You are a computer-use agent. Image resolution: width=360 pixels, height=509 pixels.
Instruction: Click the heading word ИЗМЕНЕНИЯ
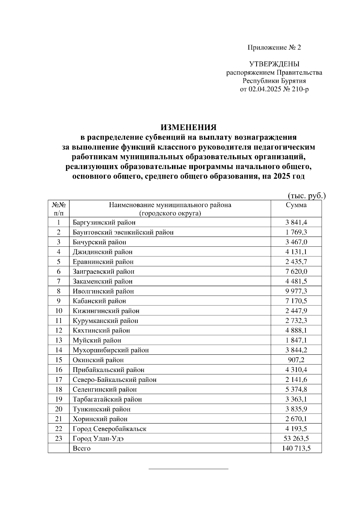click(x=188, y=127)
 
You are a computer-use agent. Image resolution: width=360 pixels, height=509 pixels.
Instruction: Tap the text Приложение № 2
click(x=274, y=47)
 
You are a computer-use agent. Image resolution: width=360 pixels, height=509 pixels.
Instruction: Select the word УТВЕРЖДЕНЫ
click(x=274, y=64)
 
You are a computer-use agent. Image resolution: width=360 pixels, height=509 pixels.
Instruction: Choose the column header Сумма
click(x=296, y=205)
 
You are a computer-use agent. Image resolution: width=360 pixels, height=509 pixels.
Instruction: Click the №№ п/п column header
click(x=58, y=209)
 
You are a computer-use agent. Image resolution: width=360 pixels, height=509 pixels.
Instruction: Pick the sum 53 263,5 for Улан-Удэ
click(x=296, y=439)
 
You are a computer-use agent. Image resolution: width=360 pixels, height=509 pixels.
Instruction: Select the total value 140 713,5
click(x=296, y=448)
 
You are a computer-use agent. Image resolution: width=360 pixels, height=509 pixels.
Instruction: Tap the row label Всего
click(x=82, y=448)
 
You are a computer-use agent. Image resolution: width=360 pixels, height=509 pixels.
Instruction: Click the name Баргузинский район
click(x=104, y=222)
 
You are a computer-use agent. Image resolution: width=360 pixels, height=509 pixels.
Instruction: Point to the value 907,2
click(x=296, y=360)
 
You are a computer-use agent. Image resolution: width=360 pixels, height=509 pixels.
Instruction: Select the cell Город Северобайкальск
click(x=109, y=429)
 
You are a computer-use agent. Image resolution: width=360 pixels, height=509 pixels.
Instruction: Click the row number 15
click(x=58, y=360)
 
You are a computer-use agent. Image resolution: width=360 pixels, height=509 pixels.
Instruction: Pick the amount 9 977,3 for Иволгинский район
click(x=296, y=291)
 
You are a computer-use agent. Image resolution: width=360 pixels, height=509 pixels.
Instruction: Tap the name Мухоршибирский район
click(x=111, y=350)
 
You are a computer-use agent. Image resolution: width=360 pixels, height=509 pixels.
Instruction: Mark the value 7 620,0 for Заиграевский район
click(x=296, y=272)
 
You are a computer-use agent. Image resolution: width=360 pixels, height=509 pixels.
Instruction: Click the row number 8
click(x=58, y=291)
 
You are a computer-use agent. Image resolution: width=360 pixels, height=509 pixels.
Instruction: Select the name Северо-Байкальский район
click(x=115, y=380)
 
